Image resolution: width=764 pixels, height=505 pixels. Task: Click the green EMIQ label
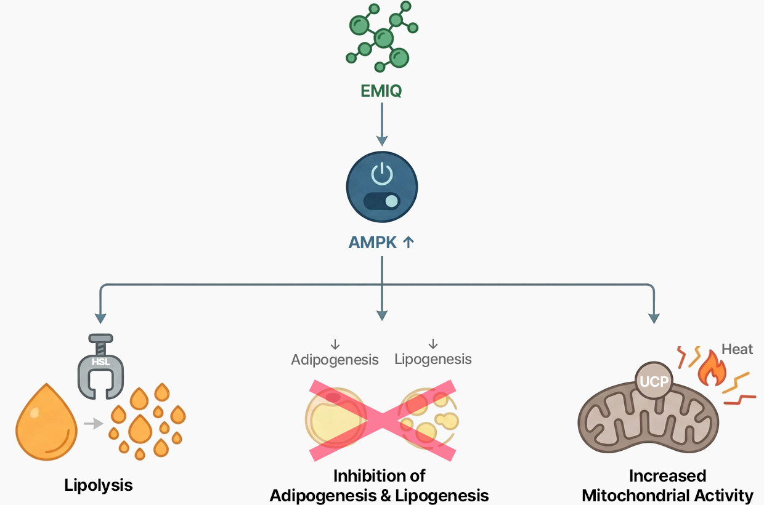[381, 92]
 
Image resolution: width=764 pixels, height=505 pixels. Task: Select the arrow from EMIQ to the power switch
[382, 123]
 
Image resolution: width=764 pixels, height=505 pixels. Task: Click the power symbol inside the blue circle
[382, 174]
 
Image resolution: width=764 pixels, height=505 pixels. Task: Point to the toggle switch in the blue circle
[382, 201]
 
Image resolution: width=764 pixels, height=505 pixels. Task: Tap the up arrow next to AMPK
[408, 243]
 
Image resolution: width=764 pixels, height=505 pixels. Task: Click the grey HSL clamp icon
[100, 366]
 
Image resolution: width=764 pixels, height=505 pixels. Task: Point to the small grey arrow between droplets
[93, 423]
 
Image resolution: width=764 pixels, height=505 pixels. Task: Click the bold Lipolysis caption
[99, 485]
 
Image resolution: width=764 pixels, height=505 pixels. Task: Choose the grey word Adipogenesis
[335, 360]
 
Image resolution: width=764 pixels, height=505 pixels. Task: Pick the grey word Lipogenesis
[433, 359]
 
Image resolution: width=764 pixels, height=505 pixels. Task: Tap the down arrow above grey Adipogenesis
[335, 345]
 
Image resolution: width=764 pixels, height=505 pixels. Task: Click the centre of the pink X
[382, 420]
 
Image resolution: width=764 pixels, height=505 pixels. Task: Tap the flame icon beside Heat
[712, 368]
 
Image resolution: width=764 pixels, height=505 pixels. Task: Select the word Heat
[737, 349]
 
